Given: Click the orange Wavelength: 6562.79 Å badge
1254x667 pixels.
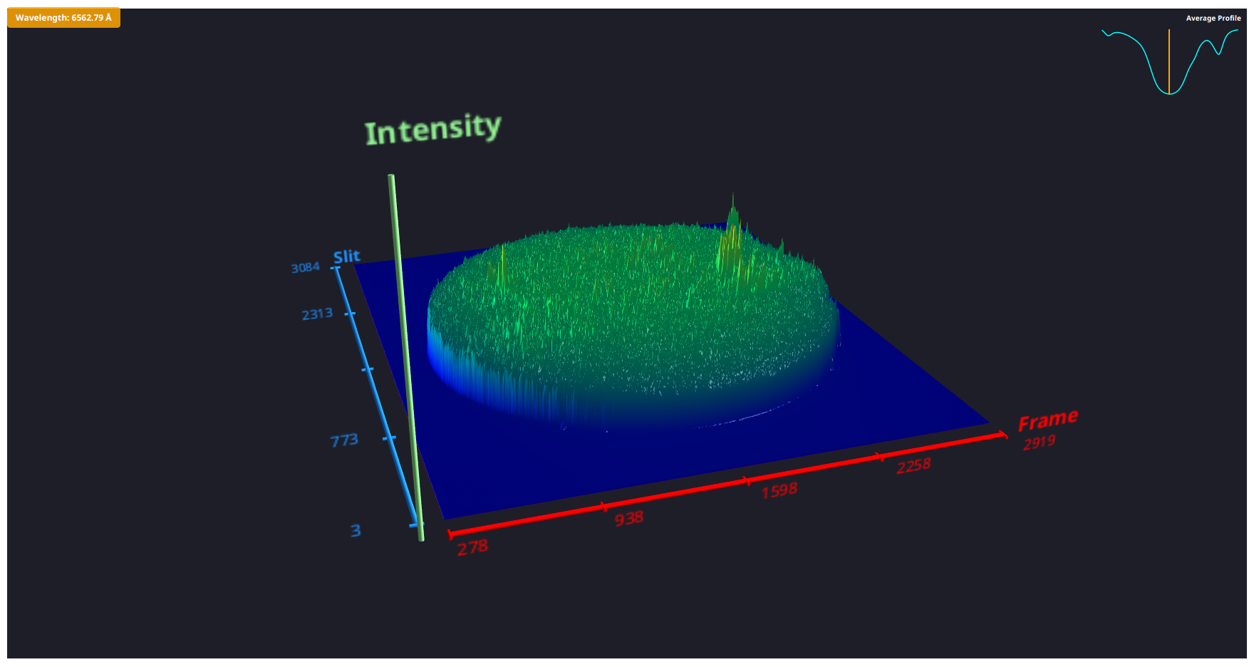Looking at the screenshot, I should click(63, 18).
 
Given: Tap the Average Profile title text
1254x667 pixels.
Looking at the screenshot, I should click(1213, 19).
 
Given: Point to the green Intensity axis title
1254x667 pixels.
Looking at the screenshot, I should click(432, 129).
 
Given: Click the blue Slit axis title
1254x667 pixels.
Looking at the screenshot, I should click(347, 257).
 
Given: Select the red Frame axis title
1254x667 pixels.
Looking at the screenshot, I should click(1047, 420).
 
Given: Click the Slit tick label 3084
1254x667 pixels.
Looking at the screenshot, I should click(306, 267).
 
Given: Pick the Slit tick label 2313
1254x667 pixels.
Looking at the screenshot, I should click(317, 314).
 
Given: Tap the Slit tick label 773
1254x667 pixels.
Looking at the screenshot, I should click(344, 440).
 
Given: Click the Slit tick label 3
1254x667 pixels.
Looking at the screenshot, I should click(356, 530).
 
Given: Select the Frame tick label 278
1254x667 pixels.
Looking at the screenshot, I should click(472, 547).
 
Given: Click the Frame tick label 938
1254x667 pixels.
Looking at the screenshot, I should click(629, 518).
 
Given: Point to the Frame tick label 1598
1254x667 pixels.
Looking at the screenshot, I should click(779, 490).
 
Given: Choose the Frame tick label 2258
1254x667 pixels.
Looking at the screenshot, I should click(913, 466).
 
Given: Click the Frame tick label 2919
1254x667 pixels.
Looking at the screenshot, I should click(1039, 443).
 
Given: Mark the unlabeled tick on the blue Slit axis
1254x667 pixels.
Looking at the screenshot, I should click(368, 369).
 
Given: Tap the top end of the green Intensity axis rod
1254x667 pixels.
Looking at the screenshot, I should click(391, 177).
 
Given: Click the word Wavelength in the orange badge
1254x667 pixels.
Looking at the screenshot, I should click(41, 18).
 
